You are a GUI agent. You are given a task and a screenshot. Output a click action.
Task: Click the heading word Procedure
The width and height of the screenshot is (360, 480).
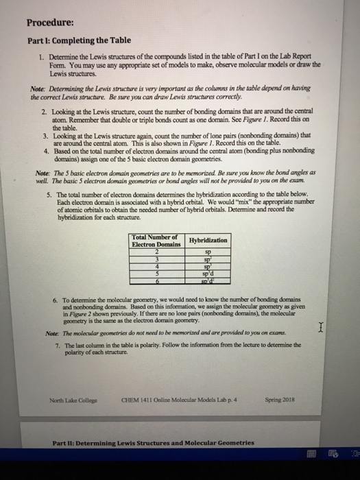50,21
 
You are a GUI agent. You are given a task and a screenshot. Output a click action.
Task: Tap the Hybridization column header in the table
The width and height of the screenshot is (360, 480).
208,240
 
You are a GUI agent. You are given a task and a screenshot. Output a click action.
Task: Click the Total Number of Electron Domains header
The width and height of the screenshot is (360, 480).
154,240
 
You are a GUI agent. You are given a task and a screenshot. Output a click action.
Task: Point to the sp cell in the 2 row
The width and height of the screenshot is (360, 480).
208,252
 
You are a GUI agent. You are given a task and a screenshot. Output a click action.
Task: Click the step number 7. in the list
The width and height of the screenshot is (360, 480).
56,345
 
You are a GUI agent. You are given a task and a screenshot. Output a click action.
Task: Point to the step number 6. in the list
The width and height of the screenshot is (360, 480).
56,300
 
